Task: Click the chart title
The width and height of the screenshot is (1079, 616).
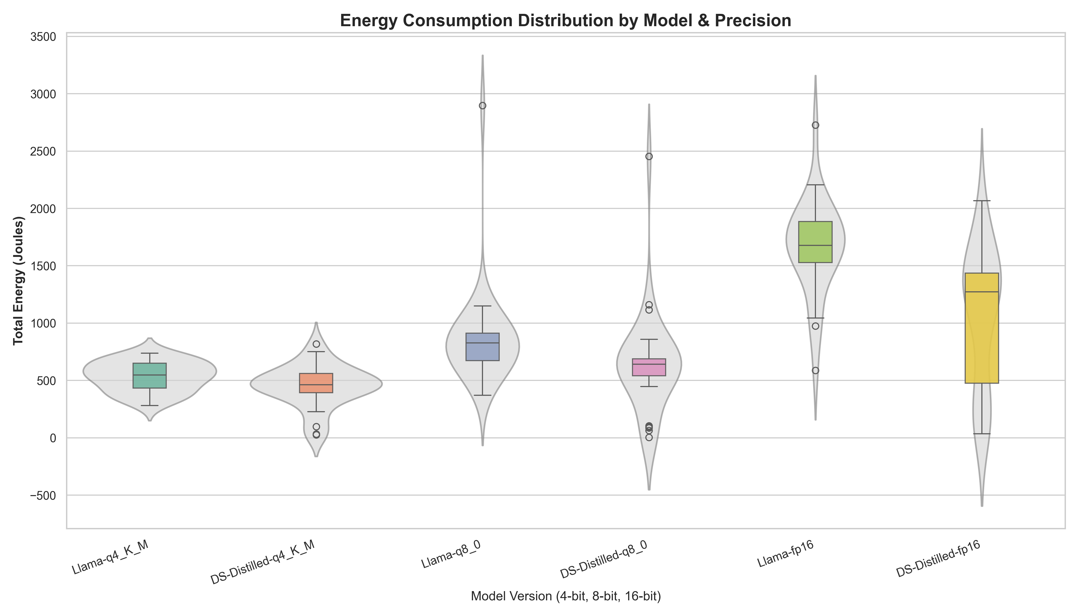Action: tap(565, 21)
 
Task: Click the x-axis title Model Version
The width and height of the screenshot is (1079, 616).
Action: tap(565, 596)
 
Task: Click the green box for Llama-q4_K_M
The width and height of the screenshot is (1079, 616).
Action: tap(150, 375)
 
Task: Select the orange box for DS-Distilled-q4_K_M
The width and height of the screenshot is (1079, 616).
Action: tap(316, 383)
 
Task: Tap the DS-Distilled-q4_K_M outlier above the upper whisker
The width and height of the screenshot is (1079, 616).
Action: tap(316, 344)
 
